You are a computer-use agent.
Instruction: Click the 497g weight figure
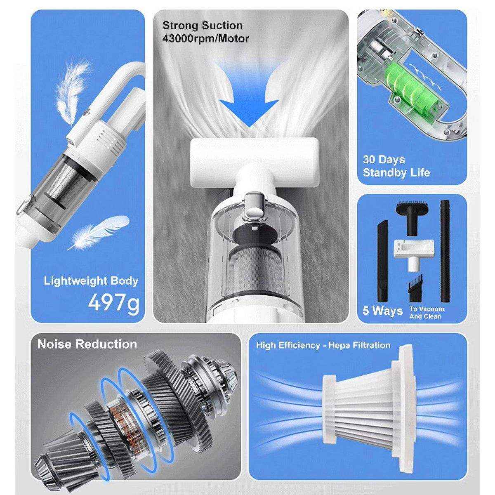pos(114,303)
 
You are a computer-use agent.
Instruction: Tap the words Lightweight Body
pos(91,281)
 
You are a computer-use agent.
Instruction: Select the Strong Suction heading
pos(202,26)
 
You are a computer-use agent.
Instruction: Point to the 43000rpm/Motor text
pos(205,39)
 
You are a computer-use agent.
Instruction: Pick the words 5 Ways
pos(382,310)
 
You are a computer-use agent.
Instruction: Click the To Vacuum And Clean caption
pos(427,313)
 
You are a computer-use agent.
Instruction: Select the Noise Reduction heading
pos(87,344)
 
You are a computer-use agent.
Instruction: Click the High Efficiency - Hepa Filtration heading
pos(323,345)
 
